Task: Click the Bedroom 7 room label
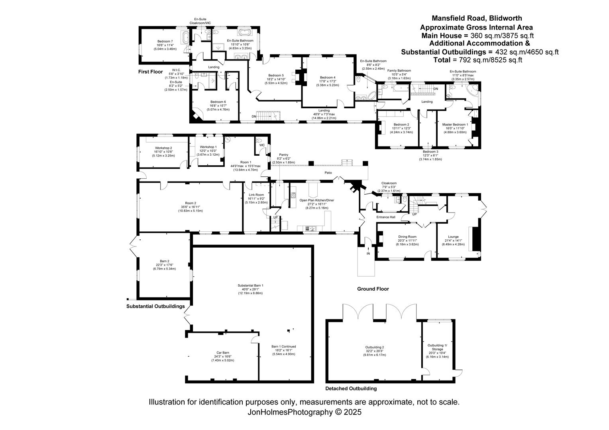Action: [165, 41]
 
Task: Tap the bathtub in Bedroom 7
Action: [186, 38]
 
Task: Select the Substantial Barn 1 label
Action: [250, 285]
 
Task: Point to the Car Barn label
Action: [223, 353]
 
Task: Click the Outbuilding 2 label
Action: [375, 347]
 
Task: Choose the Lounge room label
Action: [453, 236]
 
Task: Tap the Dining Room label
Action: [407, 236]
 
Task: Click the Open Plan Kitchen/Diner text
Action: [317, 200]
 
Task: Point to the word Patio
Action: [328, 172]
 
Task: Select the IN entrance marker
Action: [368, 254]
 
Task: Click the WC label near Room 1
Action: [262, 145]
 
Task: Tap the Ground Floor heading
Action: [373, 289]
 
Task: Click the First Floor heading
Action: [150, 72]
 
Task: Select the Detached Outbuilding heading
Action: [351, 389]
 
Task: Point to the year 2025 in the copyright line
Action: [353, 412]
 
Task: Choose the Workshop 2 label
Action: [163, 148]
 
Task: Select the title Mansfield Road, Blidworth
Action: [477, 18]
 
